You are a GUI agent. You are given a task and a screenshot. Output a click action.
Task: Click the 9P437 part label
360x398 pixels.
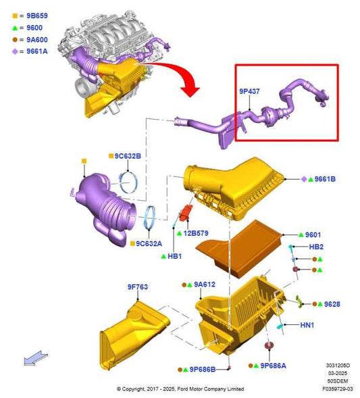pyautogui.click(x=249, y=91)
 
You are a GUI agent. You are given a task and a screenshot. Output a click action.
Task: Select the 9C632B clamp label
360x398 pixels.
pyautogui.click(x=128, y=156)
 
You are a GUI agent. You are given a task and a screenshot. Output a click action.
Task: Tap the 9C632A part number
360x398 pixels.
pyautogui.click(x=149, y=244)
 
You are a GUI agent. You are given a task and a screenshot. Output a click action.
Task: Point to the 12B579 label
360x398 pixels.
pyautogui.click(x=196, y=233)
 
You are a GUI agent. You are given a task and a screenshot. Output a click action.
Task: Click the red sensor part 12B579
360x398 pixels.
pyautogui.click(x=186, y=214)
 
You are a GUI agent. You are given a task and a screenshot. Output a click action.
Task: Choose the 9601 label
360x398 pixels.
pyautogui.click(x=313, y=234)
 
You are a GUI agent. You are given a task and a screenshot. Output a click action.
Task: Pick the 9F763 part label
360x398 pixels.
pyautogui.click(x=138, y=287)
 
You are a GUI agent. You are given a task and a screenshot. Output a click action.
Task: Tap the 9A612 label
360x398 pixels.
pyautogui.click(x=205, y=284)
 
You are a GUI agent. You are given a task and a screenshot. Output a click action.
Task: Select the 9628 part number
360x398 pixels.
pyautogui.click(x=332, y=304)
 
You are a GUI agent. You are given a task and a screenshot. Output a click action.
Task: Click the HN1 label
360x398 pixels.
pyautogui.click(x=307, y=325)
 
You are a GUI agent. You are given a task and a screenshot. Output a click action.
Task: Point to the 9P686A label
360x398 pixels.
pyautogui.click(x=273, y=366)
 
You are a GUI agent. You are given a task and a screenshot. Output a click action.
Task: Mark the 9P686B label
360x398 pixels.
pyautogui.click(x=203, y=370)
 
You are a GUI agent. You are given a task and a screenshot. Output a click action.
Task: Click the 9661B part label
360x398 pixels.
pyautogui.click(x=325, y=179)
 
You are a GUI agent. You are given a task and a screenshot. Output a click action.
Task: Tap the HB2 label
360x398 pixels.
pyautogui.click(x=316, y=247)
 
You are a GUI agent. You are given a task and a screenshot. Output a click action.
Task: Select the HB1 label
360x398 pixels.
pyautogui.click(x=174, y=256)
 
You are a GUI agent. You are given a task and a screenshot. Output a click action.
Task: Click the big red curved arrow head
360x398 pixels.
pyautogui.click(x=190, y=91)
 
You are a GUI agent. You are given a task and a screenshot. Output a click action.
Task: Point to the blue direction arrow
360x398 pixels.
pyautogui.click(x=36, y=358)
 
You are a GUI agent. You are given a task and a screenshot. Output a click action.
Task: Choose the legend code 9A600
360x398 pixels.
pyautogui.click(x=37, y=40)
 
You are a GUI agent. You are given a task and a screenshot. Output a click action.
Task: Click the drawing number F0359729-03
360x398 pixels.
pyautogui.click(x=338, y=389)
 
